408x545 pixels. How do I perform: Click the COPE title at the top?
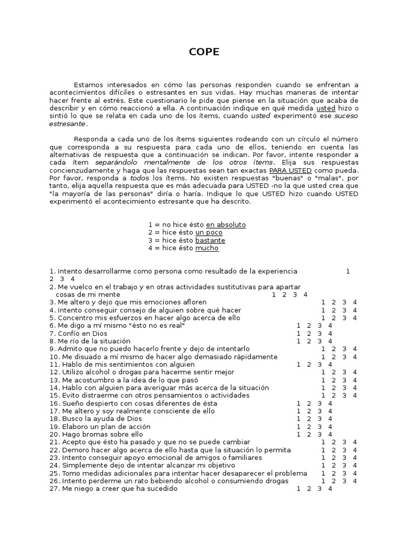click(204, 52)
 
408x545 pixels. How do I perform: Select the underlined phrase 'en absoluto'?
click(226, 225)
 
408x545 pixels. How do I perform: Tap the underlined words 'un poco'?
click(209, 233)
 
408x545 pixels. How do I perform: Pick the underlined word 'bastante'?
click(210, 240)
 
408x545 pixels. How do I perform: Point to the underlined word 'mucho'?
click(207, 248)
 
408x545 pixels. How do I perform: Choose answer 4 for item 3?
click(355, 302)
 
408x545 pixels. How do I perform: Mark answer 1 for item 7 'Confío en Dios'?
click(299, 334)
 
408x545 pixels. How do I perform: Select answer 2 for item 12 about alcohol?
click(334, 373)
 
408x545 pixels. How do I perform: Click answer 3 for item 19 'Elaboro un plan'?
click(320, 427)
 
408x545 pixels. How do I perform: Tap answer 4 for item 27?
click(330, 489)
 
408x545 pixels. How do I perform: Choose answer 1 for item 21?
click(324, 442)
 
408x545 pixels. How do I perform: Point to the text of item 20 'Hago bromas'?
click(99, 434)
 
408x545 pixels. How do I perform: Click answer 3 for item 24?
click(344, 466)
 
